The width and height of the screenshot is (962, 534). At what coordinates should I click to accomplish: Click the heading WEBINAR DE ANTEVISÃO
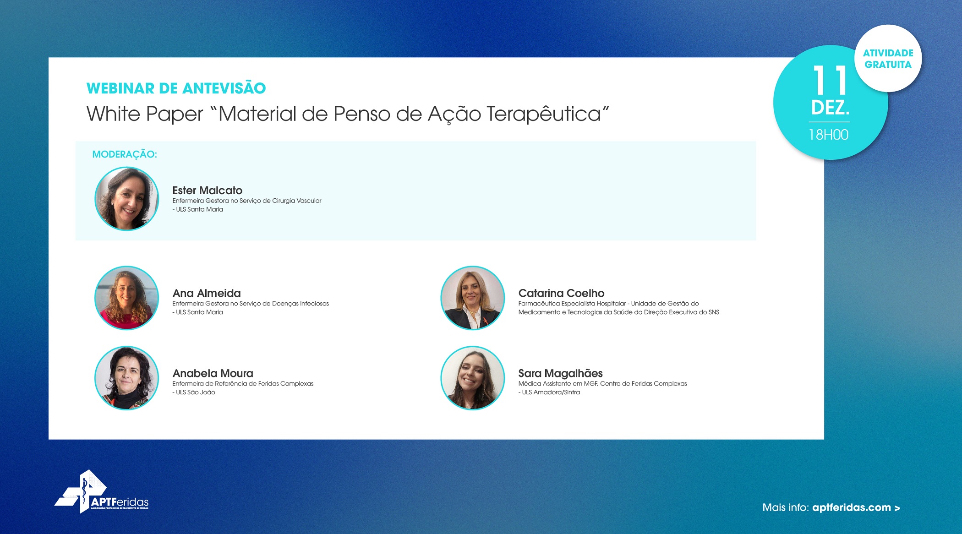176,87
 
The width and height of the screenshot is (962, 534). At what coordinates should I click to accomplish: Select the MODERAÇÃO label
125,154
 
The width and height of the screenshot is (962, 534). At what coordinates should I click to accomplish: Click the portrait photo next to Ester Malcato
127,198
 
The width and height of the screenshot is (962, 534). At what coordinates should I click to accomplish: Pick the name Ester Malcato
207,190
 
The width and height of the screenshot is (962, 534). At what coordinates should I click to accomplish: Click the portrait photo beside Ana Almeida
127,298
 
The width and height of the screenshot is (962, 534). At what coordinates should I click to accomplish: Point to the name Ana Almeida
207,293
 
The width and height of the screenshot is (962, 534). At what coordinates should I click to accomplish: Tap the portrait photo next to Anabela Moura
127,378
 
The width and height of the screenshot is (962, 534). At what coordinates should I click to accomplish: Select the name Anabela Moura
213,373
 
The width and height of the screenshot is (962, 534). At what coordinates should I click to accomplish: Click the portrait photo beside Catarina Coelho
473,298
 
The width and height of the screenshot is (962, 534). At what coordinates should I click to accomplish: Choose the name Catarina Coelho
561,293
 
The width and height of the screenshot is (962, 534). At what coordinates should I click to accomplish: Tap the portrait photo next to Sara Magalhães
473,378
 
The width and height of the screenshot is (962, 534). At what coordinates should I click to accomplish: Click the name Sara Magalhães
560,373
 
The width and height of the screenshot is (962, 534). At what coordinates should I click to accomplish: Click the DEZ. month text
830,108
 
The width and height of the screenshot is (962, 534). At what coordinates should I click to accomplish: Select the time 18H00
829,135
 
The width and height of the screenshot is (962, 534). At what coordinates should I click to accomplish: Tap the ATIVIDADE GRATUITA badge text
888,59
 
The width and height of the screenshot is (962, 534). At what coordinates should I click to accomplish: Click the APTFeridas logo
102,491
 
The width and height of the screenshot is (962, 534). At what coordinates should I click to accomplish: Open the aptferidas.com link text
852,507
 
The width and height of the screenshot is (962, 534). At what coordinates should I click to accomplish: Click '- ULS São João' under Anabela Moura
194,392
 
